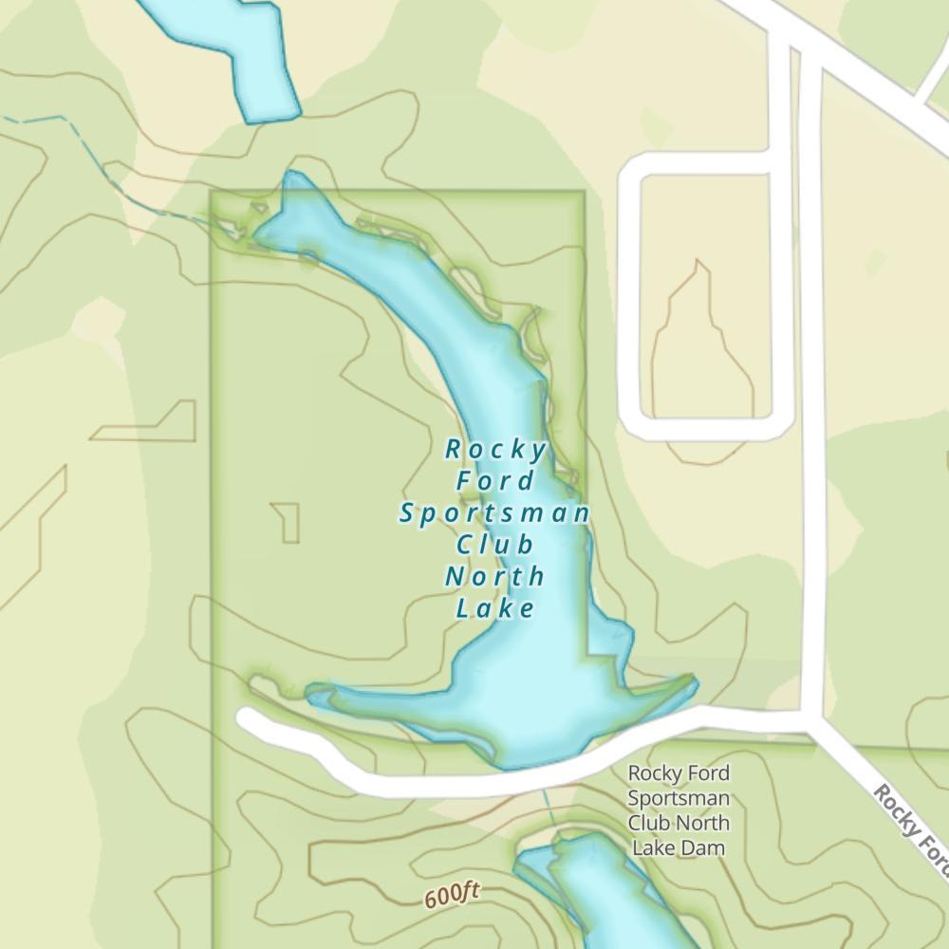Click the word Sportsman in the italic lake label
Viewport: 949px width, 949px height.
pos(494,513)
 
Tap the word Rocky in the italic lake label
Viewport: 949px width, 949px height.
pos(496,449)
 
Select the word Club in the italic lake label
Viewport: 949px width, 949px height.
pos(495,545)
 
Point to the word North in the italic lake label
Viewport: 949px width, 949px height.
pos(495,576)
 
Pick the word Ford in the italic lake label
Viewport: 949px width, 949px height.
pos(495,481)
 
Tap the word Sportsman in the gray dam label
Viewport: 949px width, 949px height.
pos(679,798)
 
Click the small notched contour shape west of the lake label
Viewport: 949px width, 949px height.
pos(288,522)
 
